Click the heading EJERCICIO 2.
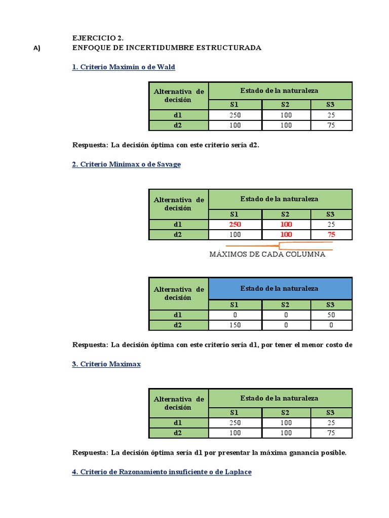pos(98,38)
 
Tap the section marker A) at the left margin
pos(36,49)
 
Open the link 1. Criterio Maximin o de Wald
pos(124,67)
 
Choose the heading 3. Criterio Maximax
pos(106,364)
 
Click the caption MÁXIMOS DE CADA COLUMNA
pos(267,254)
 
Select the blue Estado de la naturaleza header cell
pos(280,288)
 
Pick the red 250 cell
pos(235,224)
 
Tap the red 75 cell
pos(331,234)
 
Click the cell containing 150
pos(235,325)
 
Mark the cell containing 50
pos(331,315)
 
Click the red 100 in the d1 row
pos(286,224)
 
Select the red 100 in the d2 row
pos(286,234)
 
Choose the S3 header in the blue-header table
pos(331,305)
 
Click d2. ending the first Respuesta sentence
pos(254,145)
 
